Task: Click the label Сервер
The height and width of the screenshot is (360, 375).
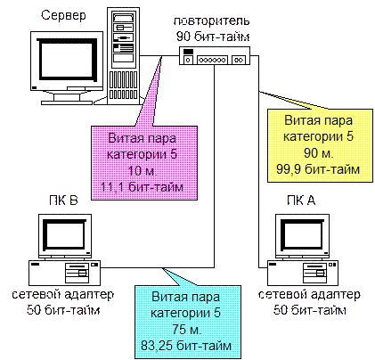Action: [x=63, y=15]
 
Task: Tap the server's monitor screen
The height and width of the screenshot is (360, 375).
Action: [x=68, y=60]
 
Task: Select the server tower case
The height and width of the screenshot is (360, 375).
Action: [x=124, y=56]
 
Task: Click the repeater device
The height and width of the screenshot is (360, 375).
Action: [x=215, y=55]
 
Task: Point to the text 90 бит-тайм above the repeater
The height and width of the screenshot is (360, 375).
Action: [x=213, y=37]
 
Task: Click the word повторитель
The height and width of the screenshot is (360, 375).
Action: [x=211, y=21]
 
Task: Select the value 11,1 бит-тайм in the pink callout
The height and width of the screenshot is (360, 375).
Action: [x=143, y=187]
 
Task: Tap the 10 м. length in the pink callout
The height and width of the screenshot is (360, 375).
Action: [x=143, y=171]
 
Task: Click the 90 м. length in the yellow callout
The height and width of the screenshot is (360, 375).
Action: [x=319, y=153]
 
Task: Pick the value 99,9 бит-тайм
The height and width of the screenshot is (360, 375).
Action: [x=318, y=169]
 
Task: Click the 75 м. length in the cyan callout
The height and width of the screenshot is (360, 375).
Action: [x=187, y=330]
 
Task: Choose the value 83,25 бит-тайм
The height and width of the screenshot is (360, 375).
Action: [x=186, y=346]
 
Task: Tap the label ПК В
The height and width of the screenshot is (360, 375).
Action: [x=63, y=200]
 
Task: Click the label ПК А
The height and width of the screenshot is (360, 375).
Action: [x=301, y=200]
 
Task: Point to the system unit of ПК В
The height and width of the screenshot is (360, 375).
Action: [x=64, y=273]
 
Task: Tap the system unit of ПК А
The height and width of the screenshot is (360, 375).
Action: [x=303, y=273]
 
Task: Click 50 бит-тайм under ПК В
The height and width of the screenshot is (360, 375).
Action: [x=63, y=310]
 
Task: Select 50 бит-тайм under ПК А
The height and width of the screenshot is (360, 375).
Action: [x=310, y=310]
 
